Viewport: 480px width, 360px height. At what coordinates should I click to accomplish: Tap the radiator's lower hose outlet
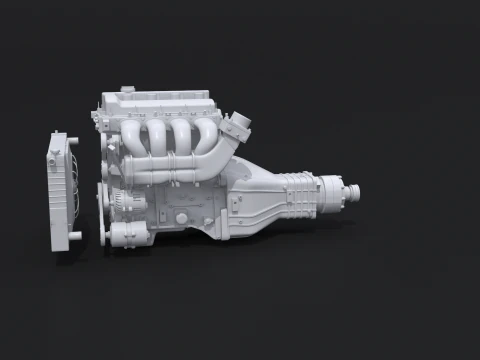click(x=74, y=235)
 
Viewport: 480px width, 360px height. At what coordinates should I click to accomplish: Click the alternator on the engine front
click(x=121, y=200)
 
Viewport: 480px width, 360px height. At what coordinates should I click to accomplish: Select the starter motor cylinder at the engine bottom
click(x=129, y=236)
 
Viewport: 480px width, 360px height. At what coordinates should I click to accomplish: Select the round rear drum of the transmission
click(x=334, y=188)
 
